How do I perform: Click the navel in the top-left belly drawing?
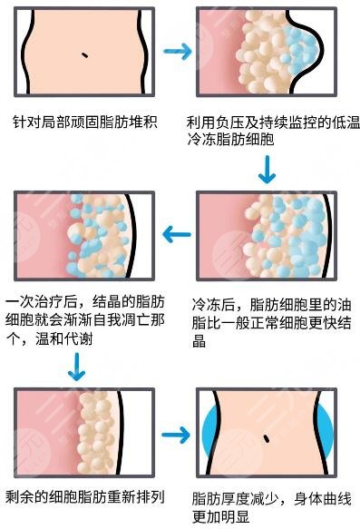pyautogui.click(x=84, y=55)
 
